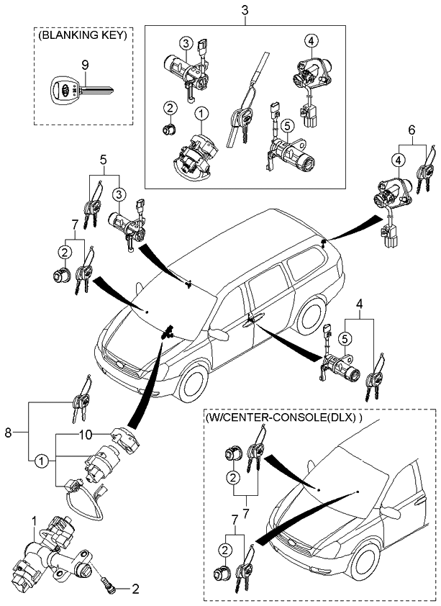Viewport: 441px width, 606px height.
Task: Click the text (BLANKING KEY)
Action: [83, 34]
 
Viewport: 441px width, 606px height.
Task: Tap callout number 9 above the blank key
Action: [86, 65]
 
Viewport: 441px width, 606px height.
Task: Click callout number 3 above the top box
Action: [245, 12]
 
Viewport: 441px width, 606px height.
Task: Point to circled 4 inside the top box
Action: [310, 40]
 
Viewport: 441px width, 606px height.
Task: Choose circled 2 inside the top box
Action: [169, 108]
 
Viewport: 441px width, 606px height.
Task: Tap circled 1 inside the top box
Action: [201, 114]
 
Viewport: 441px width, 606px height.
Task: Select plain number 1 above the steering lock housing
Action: [34, 520]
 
